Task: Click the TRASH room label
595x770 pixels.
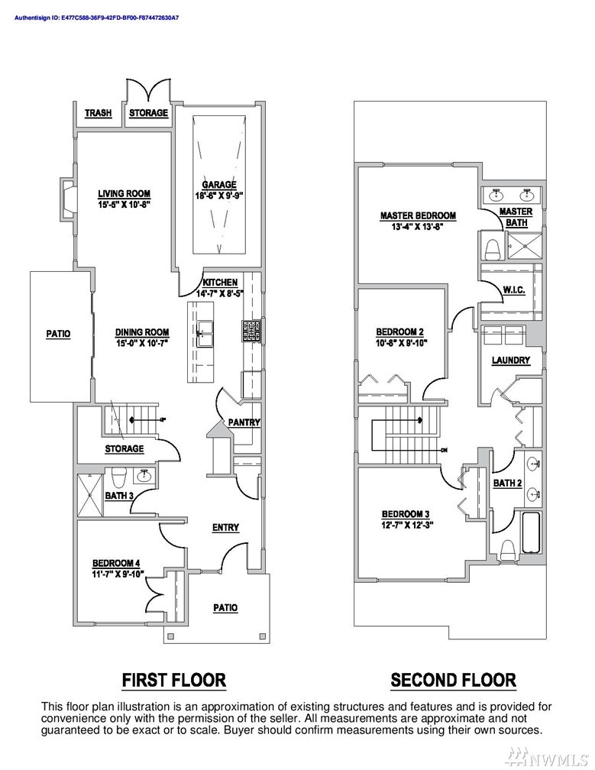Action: click(x=99, y=113)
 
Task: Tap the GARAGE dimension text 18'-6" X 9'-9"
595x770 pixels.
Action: click(x=219, y=195)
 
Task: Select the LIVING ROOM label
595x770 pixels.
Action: click(x=124, y=193)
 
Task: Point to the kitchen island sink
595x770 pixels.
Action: click(x=205, y=334)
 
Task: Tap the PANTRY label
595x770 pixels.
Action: click(x=244, y=422)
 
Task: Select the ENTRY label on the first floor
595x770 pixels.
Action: click(x=225, y=527)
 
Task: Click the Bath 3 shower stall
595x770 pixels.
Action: click(x=91, y=494)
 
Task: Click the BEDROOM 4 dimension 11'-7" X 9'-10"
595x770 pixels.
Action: click(x=118, y=573)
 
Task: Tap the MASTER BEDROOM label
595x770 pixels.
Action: click(x=418, y=215)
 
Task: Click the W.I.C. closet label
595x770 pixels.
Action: click(x=514, y=290)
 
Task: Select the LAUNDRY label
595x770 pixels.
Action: click(x=511, y=361)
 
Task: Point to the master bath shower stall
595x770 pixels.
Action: click(x=523, y=245)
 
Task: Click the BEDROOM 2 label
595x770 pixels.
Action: click(x=399, y=332)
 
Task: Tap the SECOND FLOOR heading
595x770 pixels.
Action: click(x=453, y=680)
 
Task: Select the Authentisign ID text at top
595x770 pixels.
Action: click(x=96, y=18)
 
